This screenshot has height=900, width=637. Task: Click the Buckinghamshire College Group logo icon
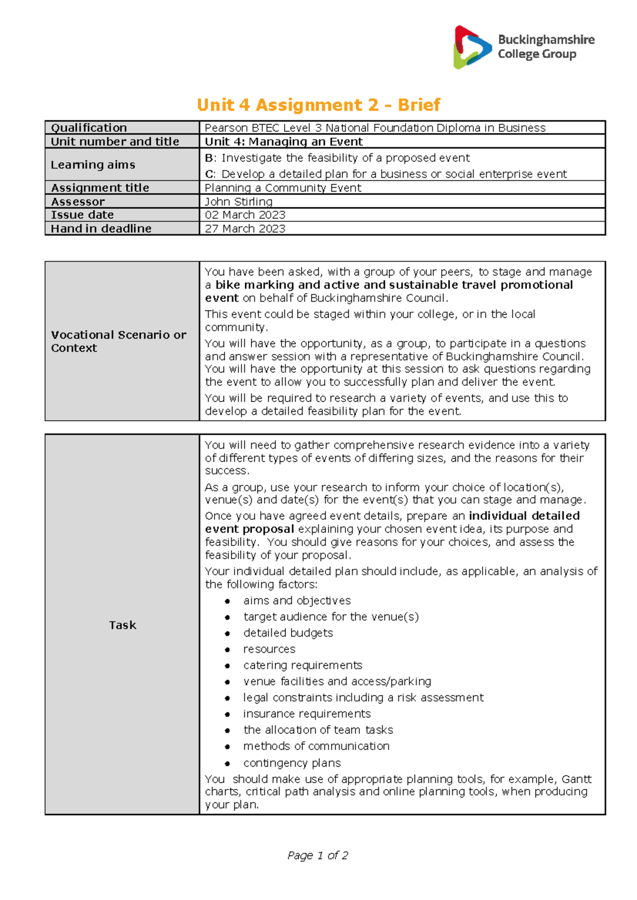pyautogui.click(x=472, y=47)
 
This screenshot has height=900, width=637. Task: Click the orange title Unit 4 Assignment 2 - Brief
pyautogui.click(x=318, y=105)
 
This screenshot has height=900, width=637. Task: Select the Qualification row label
pyautogui.click(x=89, y=128)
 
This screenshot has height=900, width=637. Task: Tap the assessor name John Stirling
pyautogui.click(x=238, y=202)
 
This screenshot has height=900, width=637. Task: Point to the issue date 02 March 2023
pyautogui.click(x=245, y=215)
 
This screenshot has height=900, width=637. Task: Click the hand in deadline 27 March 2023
pyautogui.click(x=245, y=229)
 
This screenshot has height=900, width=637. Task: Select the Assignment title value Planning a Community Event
pyautogui.click(x=282, y=188)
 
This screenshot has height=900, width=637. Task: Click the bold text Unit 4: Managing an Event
pyautogui.click(x=283, y=142)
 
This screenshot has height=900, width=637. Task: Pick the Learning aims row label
pyautogui.click(x=93, y=165)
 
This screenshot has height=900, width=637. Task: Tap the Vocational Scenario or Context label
pyautogui.click(x=118, y=341)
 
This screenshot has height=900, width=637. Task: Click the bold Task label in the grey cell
pyautogui.click(x=123, y=625)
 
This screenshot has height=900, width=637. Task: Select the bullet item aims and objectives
pyautogui.click(x=297, y=601)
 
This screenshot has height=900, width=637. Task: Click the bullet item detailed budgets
pyautogui.click(x=288, y=633)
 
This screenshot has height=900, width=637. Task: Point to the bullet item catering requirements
pyautogui.click(x=303, y=665)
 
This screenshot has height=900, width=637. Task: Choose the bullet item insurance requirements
pyautogui.click(x=307, y=714)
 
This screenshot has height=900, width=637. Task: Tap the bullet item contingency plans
pyautogui.click(x=292, y=763)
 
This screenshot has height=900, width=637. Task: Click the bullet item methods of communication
pyautogui.click(x=316, y=746)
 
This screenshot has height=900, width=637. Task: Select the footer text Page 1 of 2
pyautogui.click(x=317, y=855)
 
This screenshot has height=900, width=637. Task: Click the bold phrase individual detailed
pyautogui.click(x=524, y=516)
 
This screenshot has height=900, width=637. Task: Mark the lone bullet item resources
pyautogui.click(x=269, y=649)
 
